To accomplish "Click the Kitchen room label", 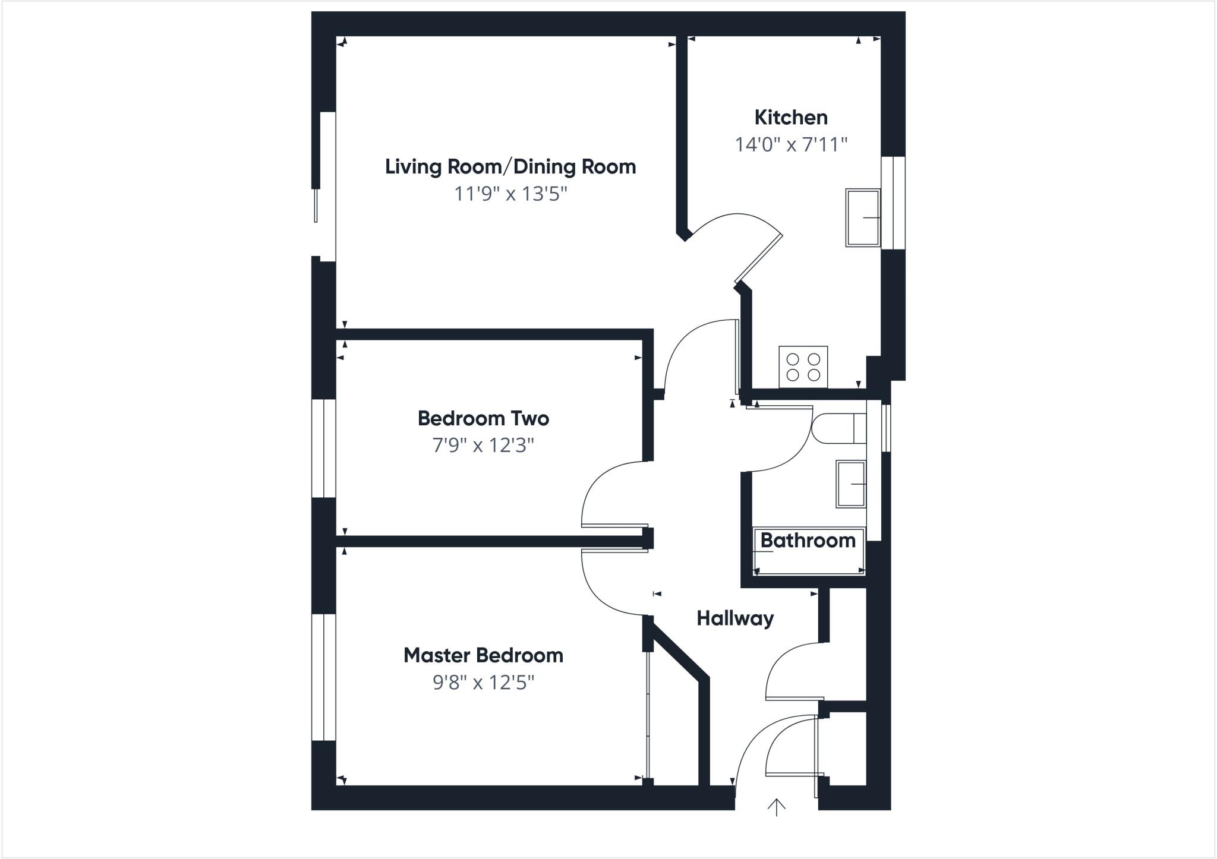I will [x=790, y=118].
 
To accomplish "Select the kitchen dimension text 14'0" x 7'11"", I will [x=790, y=144].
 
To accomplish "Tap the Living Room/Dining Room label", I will [x=510, y=166].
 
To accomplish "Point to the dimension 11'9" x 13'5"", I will [x=510, y=194].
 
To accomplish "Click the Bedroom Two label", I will [x=483, y=418].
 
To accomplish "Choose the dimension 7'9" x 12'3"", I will [x=483, y=445].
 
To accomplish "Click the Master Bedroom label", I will [x=483, y=655].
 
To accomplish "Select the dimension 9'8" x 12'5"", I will [x=483, y=683].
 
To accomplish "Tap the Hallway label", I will [x=735, y=618].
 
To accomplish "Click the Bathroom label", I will [x=808, y=540].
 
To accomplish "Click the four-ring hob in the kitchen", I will [x=803, y=367].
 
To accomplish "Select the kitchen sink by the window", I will [x=862, y=217].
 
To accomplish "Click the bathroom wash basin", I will [x=851, y=484].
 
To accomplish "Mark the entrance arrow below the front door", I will [x=776, y=807].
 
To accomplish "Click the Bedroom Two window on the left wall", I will [x=324, y=448].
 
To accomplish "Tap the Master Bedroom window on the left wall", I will [x=324, y=677].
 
